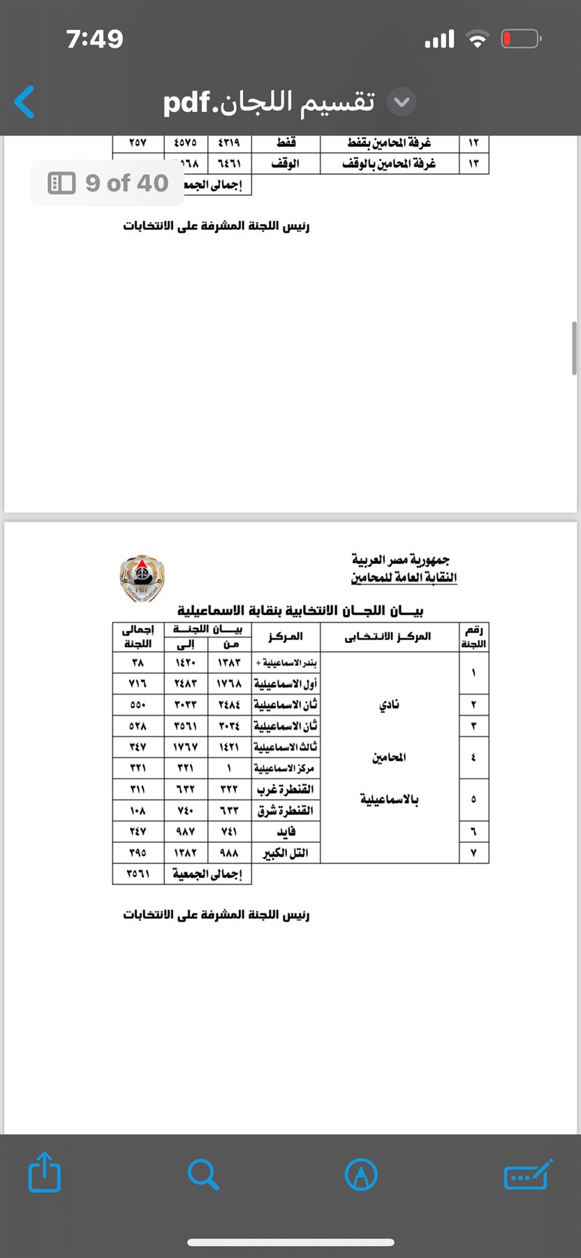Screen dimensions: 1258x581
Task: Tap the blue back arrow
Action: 24,102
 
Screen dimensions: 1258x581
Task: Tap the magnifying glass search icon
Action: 203,1174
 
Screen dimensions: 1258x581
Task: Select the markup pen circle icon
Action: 361,1174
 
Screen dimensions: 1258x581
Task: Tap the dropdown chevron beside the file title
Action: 402,102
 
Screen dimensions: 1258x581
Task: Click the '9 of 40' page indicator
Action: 108,183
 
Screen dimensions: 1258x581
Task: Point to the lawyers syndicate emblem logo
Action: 142,577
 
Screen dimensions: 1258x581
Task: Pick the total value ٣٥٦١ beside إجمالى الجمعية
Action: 138,874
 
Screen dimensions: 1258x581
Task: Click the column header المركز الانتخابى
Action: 388,637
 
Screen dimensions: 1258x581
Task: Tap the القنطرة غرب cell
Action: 286,789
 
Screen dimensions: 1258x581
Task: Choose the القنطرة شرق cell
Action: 286,811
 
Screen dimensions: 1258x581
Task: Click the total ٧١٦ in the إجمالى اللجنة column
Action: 138,684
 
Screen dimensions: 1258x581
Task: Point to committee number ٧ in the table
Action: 473,853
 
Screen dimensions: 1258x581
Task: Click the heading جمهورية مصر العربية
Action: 401,560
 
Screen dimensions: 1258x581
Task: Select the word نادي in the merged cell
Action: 389,704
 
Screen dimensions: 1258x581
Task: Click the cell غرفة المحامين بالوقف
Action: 389,164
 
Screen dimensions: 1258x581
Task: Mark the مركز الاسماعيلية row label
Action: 284,768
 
